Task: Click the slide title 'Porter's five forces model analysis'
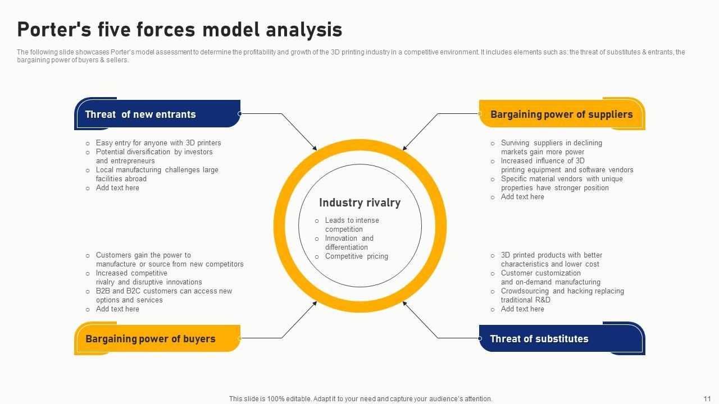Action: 179,29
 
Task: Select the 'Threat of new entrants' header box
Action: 157,114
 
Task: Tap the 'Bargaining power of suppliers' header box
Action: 561,114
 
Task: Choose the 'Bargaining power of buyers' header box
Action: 157,339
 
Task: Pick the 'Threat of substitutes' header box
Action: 561,339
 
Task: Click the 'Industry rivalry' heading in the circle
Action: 359,203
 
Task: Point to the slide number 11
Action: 707,398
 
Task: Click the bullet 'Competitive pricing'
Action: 356,256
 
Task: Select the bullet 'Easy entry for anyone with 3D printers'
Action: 158,143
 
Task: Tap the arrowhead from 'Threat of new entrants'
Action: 315,149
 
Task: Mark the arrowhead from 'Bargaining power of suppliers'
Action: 404,149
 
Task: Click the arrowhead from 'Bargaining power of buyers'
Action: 315,303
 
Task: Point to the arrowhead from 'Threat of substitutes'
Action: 404,303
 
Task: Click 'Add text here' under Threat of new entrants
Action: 117,188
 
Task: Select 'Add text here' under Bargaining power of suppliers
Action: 522,197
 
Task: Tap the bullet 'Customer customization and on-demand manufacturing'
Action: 550,278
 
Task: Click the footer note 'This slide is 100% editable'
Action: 360,399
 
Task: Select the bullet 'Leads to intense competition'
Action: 351,224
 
